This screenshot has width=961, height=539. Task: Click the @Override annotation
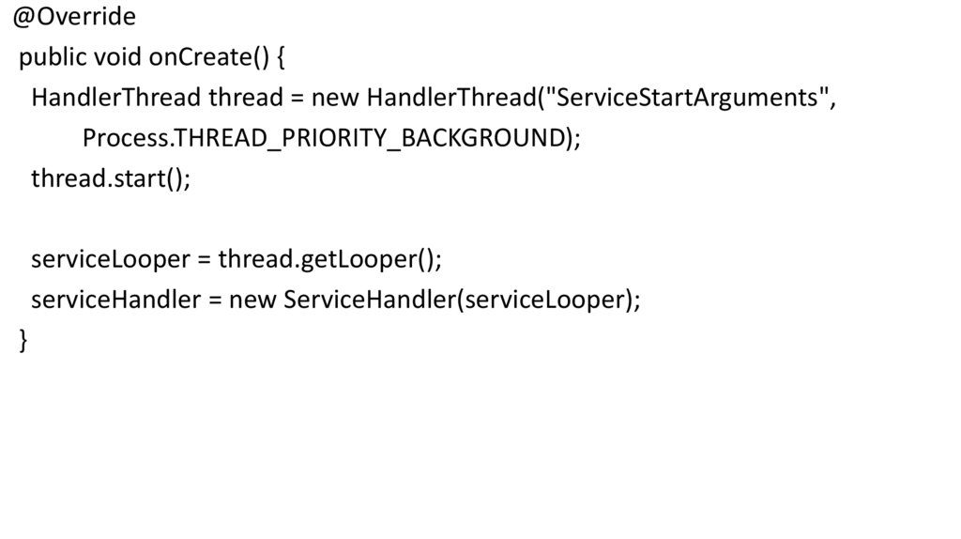pyautogui.click(x=74, y=17)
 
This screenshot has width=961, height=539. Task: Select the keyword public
pyautogui.click(x=53, y=58)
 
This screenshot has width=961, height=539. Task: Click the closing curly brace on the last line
pyautogui.click(x=24, y=341)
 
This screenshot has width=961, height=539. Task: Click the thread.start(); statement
pyautogui.click(x=111, y=178)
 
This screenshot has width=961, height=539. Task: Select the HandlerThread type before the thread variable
pyautogui.click(x=115, y=98)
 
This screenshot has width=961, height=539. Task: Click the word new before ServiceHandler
pyautogui.click(x=253, y=300)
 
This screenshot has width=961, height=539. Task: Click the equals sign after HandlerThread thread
pyautogui.click(x=297, y=99)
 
